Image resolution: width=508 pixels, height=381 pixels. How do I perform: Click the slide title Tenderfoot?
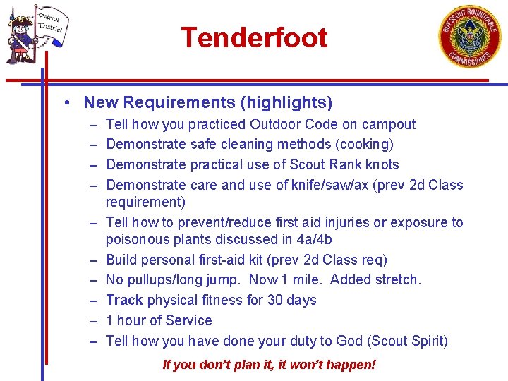coord(254,37)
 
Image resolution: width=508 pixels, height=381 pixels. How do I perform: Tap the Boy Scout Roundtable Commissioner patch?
coord(471,37)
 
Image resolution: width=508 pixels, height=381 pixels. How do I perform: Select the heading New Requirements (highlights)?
coord(207,102)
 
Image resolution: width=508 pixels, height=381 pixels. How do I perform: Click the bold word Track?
coord(124,300)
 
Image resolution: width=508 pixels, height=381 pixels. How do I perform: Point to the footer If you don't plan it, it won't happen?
coord(269,365)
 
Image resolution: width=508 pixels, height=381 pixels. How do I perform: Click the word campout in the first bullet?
coord(389,125)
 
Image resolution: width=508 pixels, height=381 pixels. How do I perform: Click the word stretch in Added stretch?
coord(395,280)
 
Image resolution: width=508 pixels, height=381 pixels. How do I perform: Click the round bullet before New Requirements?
coord(65,103)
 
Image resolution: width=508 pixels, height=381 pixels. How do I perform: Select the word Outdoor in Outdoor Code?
coord(275,125)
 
